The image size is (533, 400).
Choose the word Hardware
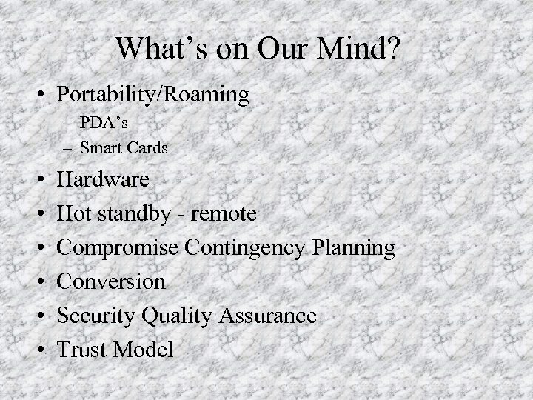click(103, 180)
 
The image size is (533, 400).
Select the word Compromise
click(121, 248)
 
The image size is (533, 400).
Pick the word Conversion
click(111, 281)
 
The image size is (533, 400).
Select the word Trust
click(82, 349)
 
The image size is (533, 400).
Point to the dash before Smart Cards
click(67, 148)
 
